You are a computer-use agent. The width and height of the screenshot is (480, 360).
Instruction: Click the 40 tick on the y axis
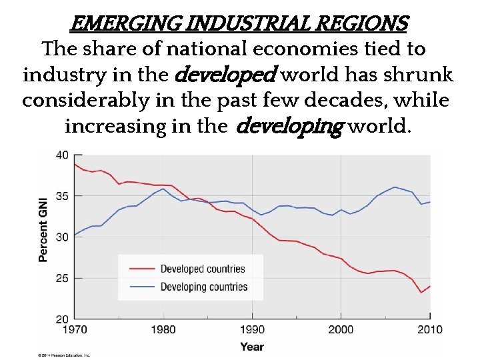(x=61, y=155)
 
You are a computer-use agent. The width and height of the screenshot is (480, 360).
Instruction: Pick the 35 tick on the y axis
(x=61, y=196)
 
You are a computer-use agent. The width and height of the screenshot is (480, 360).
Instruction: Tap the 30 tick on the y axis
(x=61, y=237)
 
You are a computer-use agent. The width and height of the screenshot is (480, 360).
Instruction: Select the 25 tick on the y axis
(x=61, y=278)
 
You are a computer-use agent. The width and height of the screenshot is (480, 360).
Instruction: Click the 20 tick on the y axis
(x=61, y=319)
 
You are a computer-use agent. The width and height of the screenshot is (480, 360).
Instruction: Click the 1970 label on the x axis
(x=74, y=329)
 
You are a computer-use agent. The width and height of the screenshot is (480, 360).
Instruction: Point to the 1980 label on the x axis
(x=163, y=329)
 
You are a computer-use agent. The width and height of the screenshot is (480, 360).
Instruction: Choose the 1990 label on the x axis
(x=252, y=329)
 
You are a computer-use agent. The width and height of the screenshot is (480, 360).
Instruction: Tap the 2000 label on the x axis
(x=341, y=329)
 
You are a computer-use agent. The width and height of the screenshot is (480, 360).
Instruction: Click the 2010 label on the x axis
(x=429, y=329)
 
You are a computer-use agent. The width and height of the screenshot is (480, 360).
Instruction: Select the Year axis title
(x=252, y=346)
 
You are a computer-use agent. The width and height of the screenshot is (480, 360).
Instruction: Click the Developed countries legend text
(x=203, y=269)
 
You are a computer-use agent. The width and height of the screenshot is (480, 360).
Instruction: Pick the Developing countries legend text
(x=204, y=287)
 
